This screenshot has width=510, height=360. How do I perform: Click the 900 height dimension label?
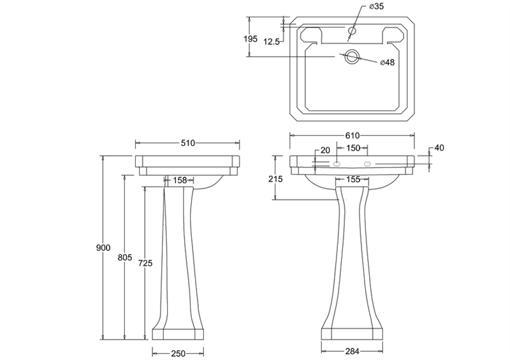point(103,248)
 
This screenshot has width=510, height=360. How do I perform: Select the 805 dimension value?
point(125,257)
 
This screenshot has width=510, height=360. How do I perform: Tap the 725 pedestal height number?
point(145,263)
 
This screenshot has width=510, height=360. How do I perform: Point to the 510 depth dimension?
point(187,143)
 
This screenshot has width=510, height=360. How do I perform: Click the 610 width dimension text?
point(353,135)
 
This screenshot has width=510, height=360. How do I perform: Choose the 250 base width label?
point(178,353)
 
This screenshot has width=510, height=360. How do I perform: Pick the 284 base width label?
point(352,351)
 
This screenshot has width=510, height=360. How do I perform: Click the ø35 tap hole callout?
point(376,6)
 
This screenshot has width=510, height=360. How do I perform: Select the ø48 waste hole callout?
point(387,62)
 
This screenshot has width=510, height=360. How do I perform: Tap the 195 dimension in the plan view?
point(251,39)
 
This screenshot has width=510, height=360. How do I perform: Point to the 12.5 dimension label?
point(272,41)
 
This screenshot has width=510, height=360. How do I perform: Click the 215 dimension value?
point(275,179)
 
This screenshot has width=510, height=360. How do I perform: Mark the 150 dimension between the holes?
point(353,148)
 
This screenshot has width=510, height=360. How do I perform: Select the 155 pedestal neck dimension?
point(353,179)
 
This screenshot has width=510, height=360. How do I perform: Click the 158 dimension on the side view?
point(180,180)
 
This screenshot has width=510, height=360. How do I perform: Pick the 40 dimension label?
point(439,148)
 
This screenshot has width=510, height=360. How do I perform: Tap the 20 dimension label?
point(325,150)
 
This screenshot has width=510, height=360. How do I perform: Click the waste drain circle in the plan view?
point(352,57)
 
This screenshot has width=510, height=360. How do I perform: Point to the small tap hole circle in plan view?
point(353,31)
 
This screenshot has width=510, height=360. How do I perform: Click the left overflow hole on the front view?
point(337,164)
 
